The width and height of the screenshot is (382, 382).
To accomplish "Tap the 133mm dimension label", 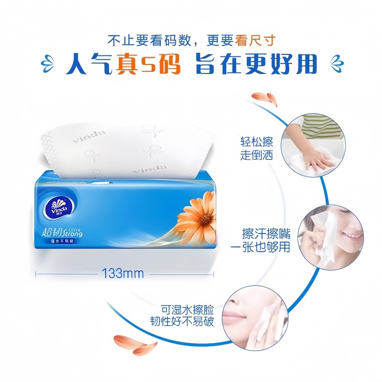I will pyautogui.click(x=123, y=274).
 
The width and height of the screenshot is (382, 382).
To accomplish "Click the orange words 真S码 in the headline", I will pyautogui.click(x=148, y=64).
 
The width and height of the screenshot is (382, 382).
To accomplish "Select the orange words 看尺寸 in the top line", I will pyautogui.click(x=255, y=41).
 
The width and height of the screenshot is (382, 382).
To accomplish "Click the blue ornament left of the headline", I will pyautogui.click(x=49, y=64).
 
